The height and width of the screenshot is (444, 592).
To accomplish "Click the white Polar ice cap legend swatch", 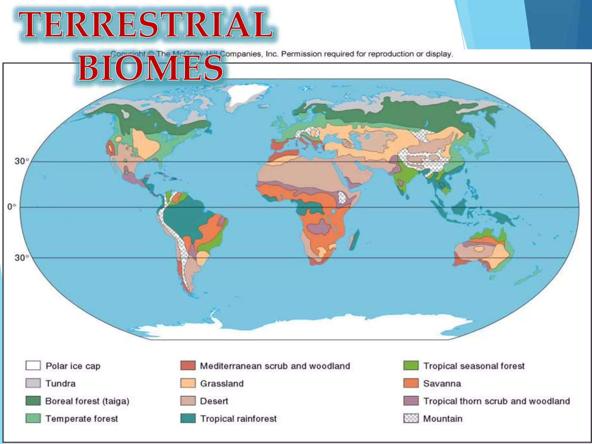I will pos(33,366).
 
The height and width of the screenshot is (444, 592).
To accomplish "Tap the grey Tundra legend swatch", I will pos(33,383).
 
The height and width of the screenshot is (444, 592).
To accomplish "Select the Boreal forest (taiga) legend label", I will pos(87,401).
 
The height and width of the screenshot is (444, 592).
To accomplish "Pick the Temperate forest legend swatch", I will pos(33,419).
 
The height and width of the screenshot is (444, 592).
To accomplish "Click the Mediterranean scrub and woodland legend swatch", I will pos(188,366).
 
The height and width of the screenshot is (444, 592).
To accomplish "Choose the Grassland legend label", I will pos(222,384).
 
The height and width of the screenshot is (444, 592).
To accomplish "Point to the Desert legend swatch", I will pos(188,401).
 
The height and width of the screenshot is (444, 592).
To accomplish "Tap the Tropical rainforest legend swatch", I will pos(188,419).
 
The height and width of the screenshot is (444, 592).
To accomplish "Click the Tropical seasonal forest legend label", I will pos(474,366).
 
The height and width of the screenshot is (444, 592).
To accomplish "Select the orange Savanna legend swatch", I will pos(411,383).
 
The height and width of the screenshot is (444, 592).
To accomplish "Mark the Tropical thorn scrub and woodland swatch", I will pos(411,401).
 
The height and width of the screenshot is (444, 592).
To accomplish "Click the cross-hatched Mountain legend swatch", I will pos(411,419).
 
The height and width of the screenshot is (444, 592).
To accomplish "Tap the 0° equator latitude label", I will pos(12,207).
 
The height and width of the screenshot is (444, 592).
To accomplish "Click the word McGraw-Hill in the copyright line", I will pos(197,54).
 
